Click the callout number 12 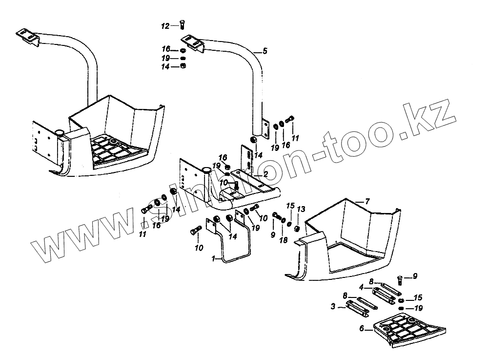pos(165,25)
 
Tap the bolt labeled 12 pos(182,25)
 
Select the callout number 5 pos(264,51)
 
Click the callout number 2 pos(265,174)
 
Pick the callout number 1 pos(213,259)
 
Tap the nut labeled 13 pos(297,228)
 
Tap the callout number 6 pos(362,329)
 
